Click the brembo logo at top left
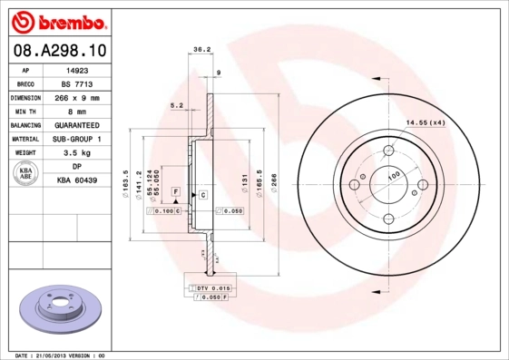pos(56,20)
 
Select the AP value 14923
pos(76,69)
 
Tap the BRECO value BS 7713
pos(76,83)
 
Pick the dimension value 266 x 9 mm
pos(76,96)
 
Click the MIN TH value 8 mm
pos(76,110)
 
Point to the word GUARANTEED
pos(76,124)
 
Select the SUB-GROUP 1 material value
pos(76,139)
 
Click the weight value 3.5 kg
pos(76,153)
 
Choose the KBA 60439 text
pos(76,181)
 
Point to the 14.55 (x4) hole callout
pos(424,122)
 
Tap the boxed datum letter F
pos(176,193)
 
